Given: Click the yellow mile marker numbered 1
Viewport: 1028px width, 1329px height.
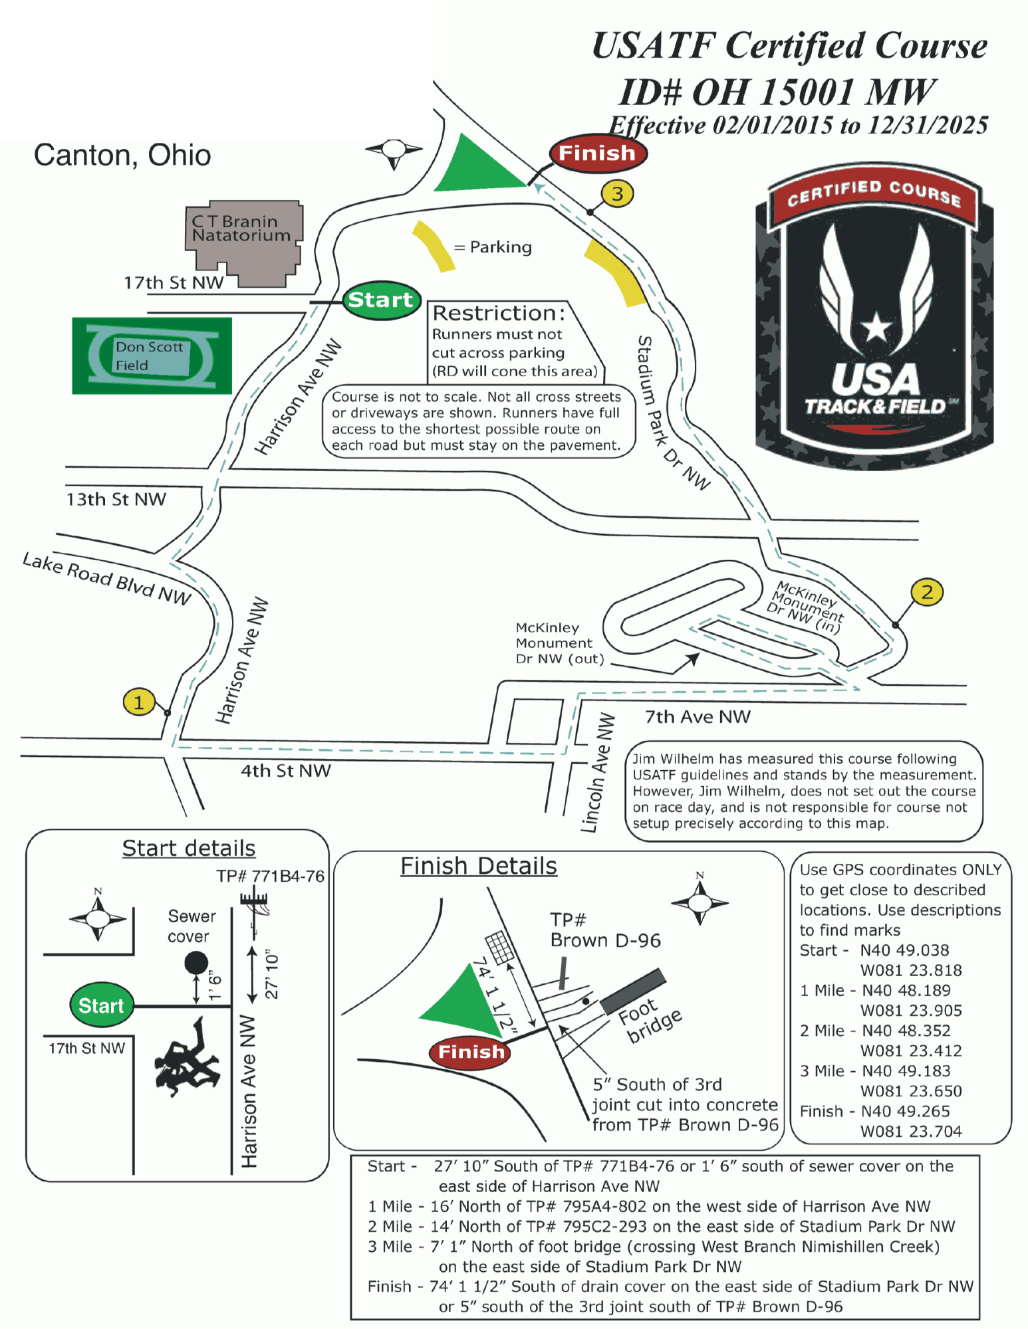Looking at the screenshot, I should tap(138, 702).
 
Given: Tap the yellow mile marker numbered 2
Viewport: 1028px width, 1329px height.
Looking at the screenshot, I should tap(927, 591).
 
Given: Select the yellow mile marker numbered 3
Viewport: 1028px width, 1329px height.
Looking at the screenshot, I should tap(617, 194).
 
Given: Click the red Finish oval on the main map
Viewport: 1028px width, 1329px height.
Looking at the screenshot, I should tap(597, 153).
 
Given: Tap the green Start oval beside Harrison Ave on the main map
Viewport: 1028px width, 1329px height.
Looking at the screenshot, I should tap(381, 300).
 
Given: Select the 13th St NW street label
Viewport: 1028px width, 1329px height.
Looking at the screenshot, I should tap(116, 500).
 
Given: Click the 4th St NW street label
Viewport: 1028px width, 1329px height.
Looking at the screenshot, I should tap(285, 771).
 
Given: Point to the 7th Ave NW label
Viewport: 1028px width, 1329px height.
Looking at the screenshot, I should tap(698, 717).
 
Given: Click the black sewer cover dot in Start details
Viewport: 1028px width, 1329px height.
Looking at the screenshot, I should tap(195, 962).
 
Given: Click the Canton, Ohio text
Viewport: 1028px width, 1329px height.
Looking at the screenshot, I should tap(122, 155).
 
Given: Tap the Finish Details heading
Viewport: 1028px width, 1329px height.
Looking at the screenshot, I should tap(478, 867).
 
